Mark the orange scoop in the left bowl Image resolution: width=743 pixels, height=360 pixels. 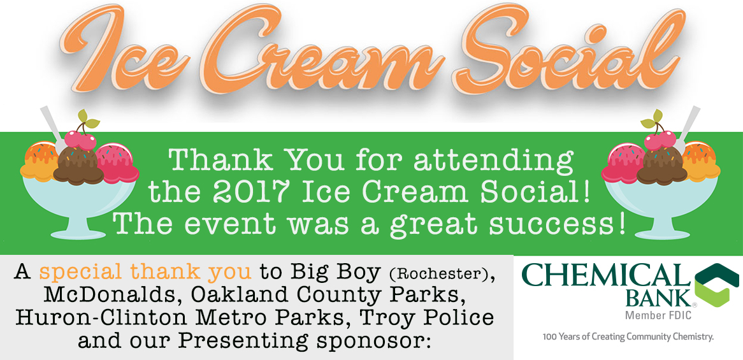point(39,162)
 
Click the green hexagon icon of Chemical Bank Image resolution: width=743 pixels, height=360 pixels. point(716,285)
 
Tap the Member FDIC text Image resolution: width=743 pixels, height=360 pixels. point(657,315)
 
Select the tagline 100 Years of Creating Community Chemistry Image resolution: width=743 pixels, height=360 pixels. point(628,337)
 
